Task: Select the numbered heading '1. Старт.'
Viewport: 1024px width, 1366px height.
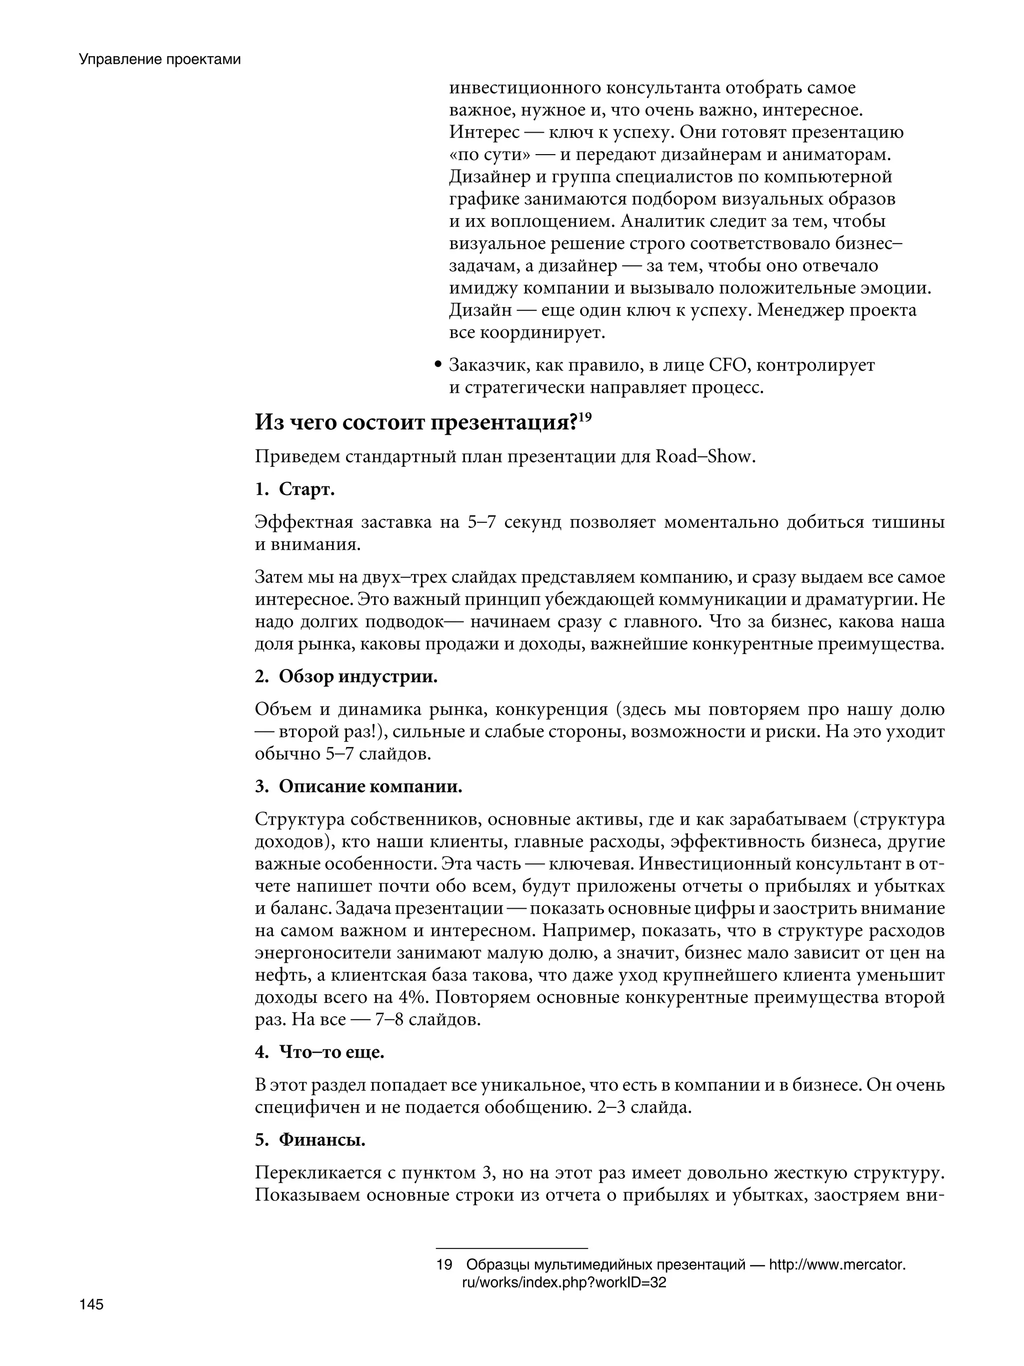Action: pos(294,490)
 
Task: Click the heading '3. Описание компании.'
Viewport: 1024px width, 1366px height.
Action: pos(358,787)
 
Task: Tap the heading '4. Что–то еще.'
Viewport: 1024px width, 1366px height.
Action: pos(319,1052)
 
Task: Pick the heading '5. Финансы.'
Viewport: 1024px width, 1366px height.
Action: pos(310,1140)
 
